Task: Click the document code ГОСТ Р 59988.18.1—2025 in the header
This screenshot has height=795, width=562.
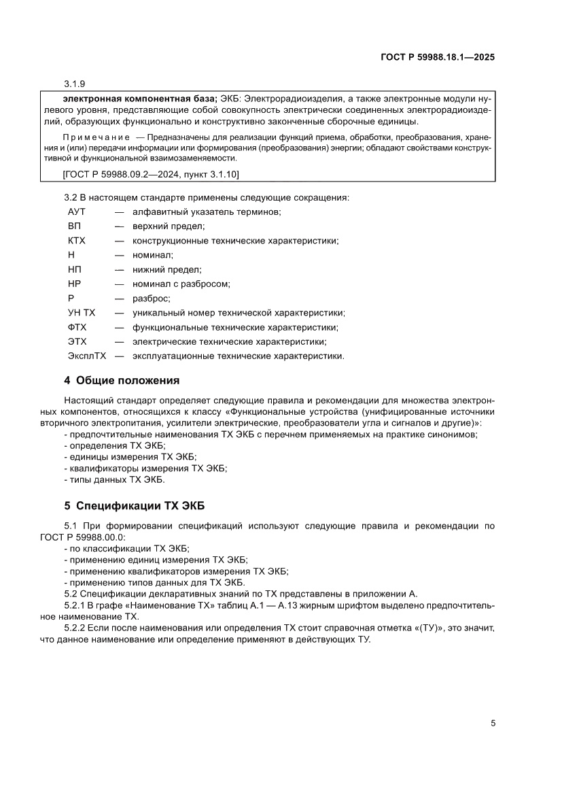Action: pos(436,58)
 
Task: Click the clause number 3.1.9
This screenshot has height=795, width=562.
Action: pos(74,84)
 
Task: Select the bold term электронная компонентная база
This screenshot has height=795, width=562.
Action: pos(135,98)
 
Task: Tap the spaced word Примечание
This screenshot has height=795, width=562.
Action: pos(92,136)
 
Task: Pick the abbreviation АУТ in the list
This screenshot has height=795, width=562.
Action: pos(77,212)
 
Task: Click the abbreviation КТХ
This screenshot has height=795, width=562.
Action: pos(76,241)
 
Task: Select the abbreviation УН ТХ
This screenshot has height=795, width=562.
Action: pos(82,313)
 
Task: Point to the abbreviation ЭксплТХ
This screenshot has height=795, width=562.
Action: pos(87,356)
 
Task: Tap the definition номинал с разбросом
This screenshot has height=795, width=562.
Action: pos(181,284)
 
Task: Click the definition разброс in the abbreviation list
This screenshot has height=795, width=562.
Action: pos(151,299)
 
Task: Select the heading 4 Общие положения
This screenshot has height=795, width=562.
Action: pos(122,380)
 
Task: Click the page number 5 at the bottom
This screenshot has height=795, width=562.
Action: pos(493,724)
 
